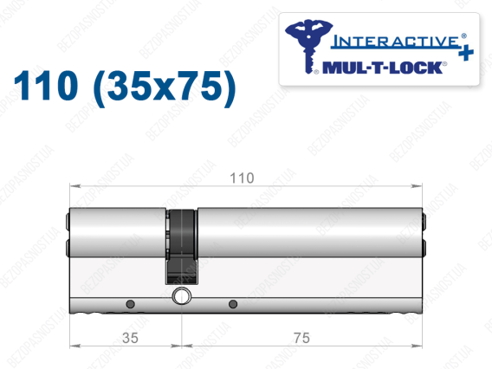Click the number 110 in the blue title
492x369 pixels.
[x=46, y=86]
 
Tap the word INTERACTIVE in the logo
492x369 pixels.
[x=395, y=42]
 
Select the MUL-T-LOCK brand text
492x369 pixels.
[x=383, y=68]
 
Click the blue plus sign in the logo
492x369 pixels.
[x=466, y=54]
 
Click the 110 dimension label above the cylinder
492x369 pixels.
[x=242, y=178]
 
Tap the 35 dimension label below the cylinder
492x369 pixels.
[x=130, y=338]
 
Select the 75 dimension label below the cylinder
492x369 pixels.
[x=301, y=338]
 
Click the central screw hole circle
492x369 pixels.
[x=182, y=295]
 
